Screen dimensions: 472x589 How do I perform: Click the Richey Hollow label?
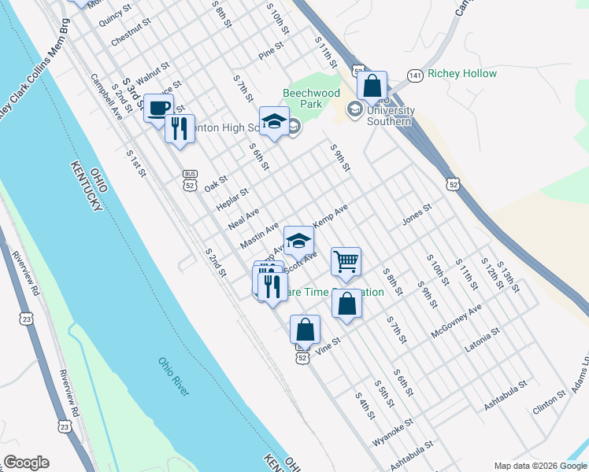[462, 74]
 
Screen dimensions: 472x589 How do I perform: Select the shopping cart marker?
[346, 261]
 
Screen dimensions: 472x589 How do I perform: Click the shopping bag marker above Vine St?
[306, 330]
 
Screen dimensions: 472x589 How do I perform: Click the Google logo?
[26, 463]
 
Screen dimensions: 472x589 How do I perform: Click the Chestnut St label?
[130, 35]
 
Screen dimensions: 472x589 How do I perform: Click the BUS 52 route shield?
[189, 179]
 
